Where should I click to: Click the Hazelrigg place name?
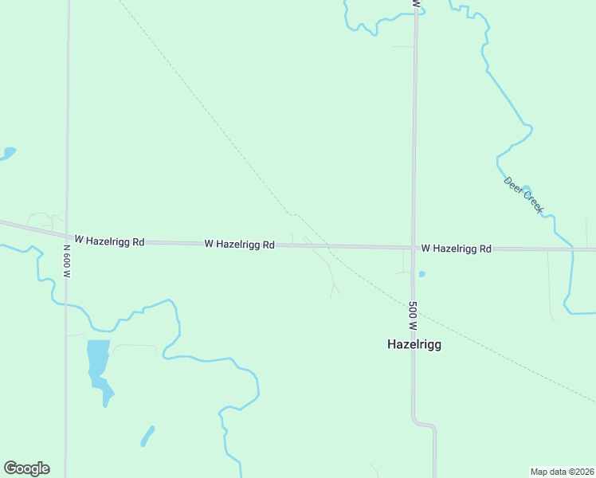pyautogui.click(x=414, y=345)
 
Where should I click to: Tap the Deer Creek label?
pyautogui.click(x=523, y=194)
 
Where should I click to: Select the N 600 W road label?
pyautogui.click(x=67, y=261)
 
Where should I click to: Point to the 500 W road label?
pyautogui.click(x=413, y=315)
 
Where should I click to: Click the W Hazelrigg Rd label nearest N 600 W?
pyautogui.click(x=109, y=240)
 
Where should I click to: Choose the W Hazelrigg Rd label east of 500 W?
pyautogui.click(x=456, y=249)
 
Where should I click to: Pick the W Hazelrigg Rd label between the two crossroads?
pyautogui.click(x=239, y=244)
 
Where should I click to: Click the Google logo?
pyautogui.click(x=26, y=468)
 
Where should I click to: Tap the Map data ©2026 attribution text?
pyautogui.click(x=562, y=472)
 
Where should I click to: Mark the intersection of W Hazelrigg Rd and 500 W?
pyautogui.click(x=413, y=248)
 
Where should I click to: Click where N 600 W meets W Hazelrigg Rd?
pyautogui.click(x=67, y=237)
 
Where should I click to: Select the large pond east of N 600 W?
pyautogui.click(x=98, y=363)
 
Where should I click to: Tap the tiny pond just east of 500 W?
pyautogui.click(x=422, y=274)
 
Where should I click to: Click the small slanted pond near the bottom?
pyautogui.click(x=147, y=436)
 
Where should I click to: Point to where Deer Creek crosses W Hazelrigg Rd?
pyautogui.click(x=572, y=249)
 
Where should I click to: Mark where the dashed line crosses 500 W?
pyautogui.click(x=413, y=304)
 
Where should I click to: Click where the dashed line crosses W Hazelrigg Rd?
pyautogui.click(x=322, y=245)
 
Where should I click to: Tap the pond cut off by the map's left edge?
pyautogui.click(x=6, y=153)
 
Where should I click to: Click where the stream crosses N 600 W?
pyautogui.click(x=66, y=303)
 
